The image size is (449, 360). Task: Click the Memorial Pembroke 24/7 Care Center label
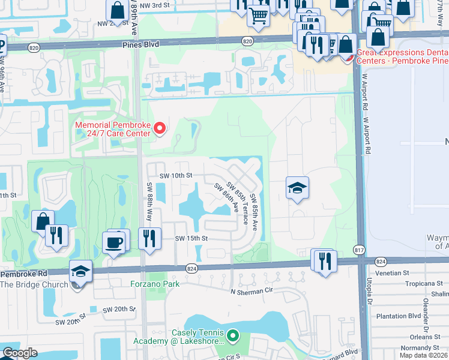pyautogui.click(x=112, y=129)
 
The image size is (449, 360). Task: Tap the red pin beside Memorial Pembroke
pyautogui.click(x=159, y=128)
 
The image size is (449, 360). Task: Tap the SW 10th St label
pyautogui.click(x=175, y=175)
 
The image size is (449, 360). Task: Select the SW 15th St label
pyautogui.click(x=191, y=238)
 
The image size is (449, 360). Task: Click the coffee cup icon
pyautogui.click(x=113, y=242)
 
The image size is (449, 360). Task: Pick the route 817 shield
pyautogui.click(x=358, y=250)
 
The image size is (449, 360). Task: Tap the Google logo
pyautogui.click(x=20, y=353)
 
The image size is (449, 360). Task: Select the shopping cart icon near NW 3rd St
pyautogui.click(x=258, y=16)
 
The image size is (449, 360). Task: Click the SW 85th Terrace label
pyautogui.click(x=238, y=197)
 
